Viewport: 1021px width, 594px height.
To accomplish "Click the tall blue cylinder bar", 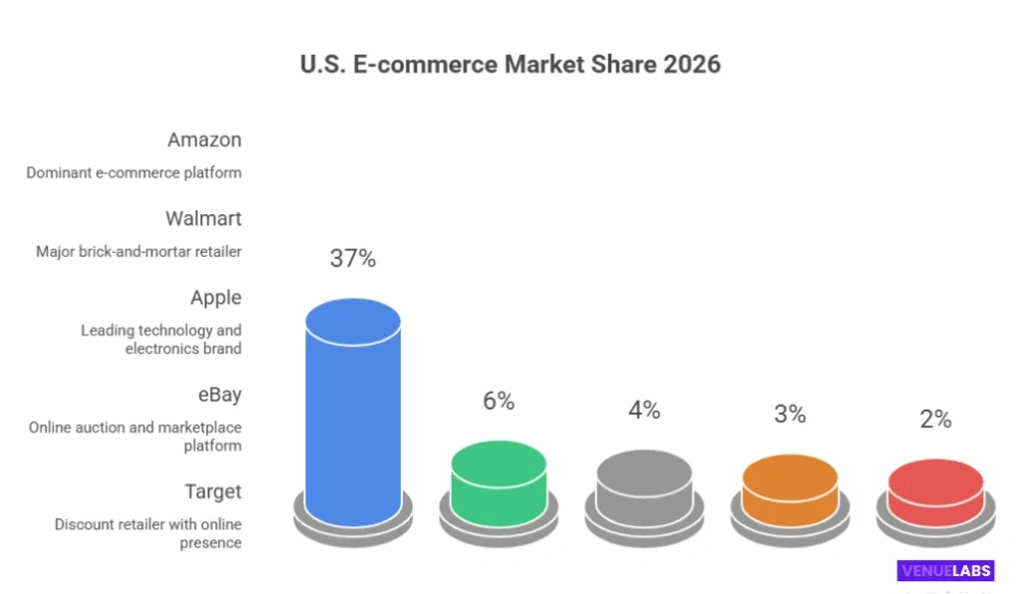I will (x=353, y=419).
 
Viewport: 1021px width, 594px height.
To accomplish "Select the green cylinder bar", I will (x=499, y=483).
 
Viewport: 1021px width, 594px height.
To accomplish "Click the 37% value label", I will (x=353, y=259).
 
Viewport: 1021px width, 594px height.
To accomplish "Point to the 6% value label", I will (x=499, y=401).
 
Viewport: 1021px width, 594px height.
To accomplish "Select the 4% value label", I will (x=644, y=410).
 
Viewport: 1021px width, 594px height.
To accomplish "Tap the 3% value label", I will (x=790, y=414).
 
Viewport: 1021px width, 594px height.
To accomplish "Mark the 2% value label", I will (x=935, y=420).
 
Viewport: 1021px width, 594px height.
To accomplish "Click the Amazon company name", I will (x=204, y=140).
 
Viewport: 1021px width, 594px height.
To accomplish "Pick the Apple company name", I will (x=216, y=297).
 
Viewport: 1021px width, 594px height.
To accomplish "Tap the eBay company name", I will (x=218, y=395).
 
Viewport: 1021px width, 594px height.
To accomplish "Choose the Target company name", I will (x=212, y=491).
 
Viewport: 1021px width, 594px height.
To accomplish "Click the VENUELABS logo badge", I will (x=945, y=571).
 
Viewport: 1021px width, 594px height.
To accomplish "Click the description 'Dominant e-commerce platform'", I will (x=134, y=172).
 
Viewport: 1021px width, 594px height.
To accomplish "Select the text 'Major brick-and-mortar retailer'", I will (x=139, y=251).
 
